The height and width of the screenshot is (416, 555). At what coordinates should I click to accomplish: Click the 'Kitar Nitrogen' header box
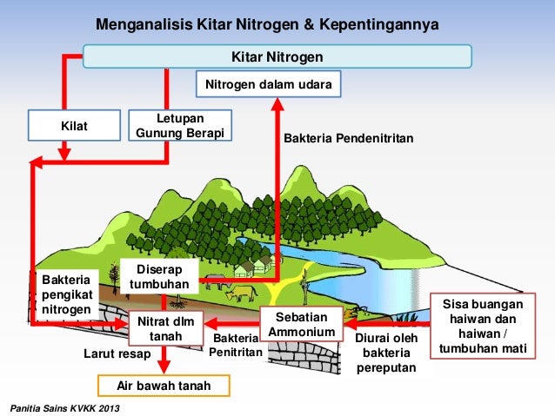click(277, 57)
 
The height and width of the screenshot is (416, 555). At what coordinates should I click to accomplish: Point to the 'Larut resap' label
click(117, 354)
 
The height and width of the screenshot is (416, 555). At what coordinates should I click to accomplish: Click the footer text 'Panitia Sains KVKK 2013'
click(65, 408)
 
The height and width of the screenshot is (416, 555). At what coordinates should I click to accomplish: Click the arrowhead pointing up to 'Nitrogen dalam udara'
click(277, 103)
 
